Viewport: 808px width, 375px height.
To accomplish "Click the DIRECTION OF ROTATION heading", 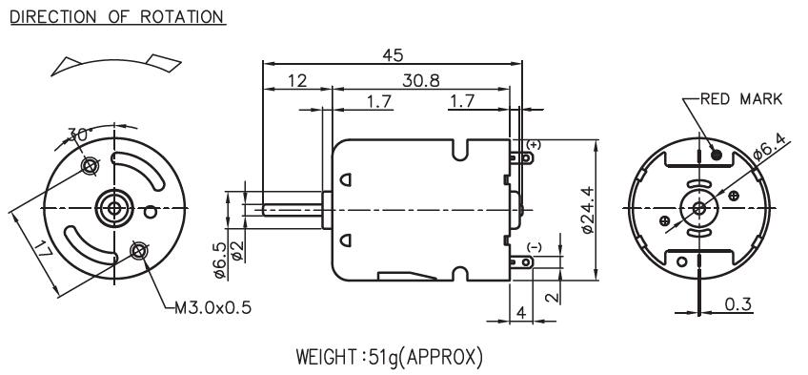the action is coord(117,16).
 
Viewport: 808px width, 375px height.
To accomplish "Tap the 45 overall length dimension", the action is coord(393,55).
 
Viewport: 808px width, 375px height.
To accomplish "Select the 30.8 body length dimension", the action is coord(421,80).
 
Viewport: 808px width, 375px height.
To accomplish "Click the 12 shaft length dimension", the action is coord(297,80).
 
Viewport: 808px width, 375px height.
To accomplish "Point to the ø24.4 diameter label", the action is coord(588,210).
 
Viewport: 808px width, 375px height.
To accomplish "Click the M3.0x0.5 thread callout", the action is coord(212,308).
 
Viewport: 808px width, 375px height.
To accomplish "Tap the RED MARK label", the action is coord(741,98).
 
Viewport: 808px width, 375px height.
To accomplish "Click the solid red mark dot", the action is coord(717,154).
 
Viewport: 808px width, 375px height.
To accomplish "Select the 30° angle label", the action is coord(80,135).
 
